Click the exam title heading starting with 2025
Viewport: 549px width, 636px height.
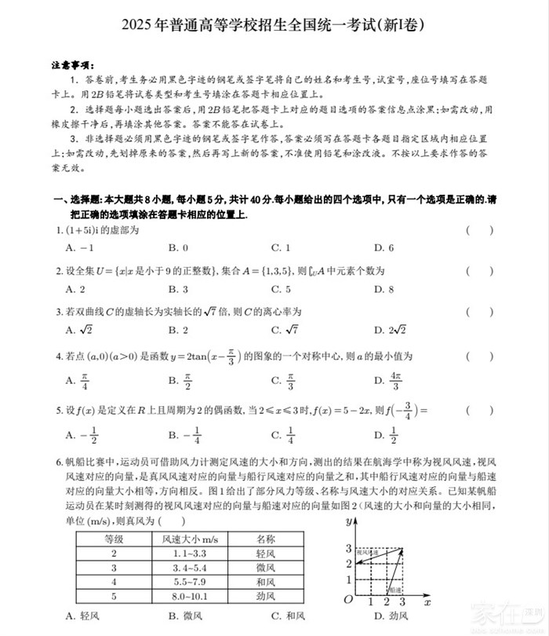pos(274,25)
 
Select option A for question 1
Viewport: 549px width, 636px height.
pos(75,248)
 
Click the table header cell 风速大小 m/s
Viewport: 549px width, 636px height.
pos(189,539)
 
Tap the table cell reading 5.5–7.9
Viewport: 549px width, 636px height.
pos(188,582)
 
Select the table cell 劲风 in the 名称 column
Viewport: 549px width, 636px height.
pos(266,596)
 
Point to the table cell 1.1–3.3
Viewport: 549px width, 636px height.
pos(188,554)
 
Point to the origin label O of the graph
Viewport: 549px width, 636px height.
pos(347,601)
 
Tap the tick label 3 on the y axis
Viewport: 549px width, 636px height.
pos(348,548)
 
